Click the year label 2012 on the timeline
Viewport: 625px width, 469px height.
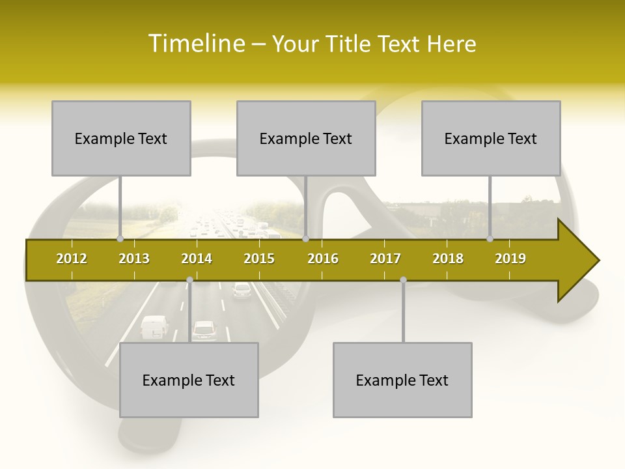pyautogui.click(x=72, y=259)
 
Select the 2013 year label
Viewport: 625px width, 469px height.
pyautogui.click(x=134, y=259)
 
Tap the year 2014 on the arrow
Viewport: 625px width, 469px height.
pyautogui.click(x=197, y=259)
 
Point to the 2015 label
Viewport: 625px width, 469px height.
pyautogui.click(x=259, y=259)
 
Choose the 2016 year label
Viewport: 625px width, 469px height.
pyautogui.click(x=323, y=259)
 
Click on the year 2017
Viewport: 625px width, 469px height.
pyautogui.click(x=385, y=259)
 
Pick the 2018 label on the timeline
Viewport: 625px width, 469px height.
pyautogui.click(x=448, y=259)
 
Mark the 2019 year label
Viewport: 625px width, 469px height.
pyautogui.click(x=510, y=259)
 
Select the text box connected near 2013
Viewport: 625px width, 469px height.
pyautogui.click(x=121, y=138)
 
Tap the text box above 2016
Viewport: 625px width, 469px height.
pyautogui.click(x=306, y=138)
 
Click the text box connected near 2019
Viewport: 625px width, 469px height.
pyautogui.click(x=491, y=138)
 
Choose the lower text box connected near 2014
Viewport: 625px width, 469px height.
pyautogui.click(x=189, y=380)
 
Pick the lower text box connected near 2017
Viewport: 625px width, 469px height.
pyautogui.click(x=402, y=380)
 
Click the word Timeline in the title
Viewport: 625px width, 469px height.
pyautogui.click(x=195, y=44)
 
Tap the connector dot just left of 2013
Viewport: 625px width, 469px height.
pyautogui.click(x=120, y=239)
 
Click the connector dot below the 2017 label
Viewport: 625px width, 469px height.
pyautogui.click(x=403, y=280)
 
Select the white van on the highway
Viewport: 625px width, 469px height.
pyautogui.click(x=154, y=327)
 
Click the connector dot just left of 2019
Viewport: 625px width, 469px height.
pyautogui.click(x=490, y=239)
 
